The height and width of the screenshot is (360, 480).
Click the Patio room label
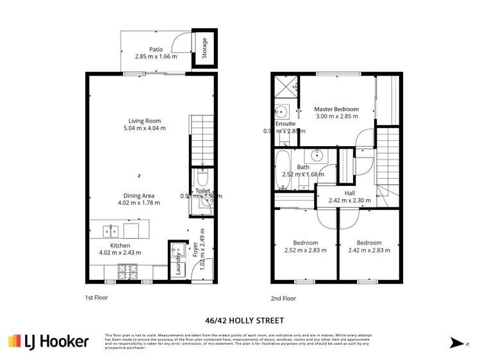156,49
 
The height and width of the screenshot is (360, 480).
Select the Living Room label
144,120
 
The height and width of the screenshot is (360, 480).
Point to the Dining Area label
139,195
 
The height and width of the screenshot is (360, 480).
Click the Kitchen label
120,245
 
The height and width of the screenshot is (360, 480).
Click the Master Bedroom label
336,109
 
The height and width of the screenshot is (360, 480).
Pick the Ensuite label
286,124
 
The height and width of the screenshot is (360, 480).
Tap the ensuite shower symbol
286,87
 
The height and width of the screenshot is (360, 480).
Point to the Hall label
349,193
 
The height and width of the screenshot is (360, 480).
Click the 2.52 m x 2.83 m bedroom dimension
306,250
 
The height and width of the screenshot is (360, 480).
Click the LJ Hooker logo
48,341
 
